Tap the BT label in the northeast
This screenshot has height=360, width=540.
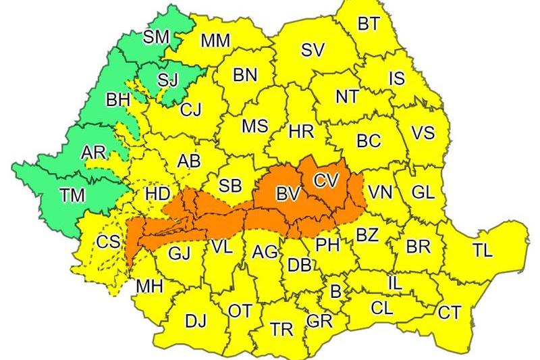coord(368,24)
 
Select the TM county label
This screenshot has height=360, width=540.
coord(72,195)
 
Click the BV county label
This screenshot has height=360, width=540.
coord(288,195)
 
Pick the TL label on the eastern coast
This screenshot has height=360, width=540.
coord(482,251)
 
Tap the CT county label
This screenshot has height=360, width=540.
coord(450,312)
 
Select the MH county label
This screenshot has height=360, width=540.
coord(149,286)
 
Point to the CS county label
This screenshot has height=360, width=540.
coord(107,242)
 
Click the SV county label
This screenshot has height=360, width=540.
coord(312,49)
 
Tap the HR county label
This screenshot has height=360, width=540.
coord(301,132)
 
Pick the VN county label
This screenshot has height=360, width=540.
coord(380,192)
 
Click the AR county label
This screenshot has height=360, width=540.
coord(93,153)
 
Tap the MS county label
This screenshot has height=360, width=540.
coord(254,126)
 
